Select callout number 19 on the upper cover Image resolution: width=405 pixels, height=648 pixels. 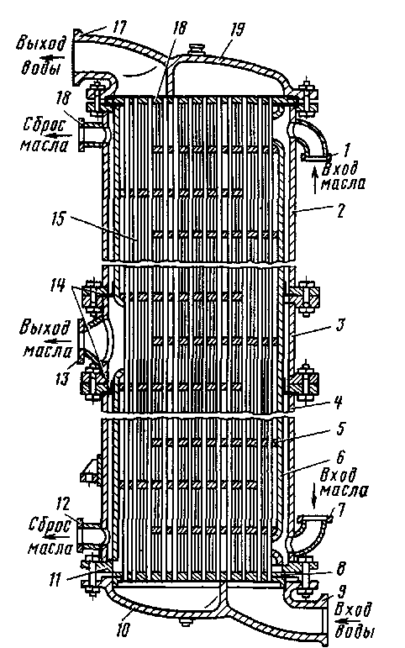pos(236,30)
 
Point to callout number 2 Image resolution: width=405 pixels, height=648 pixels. pos(341,213)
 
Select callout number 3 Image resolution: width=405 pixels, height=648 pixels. pos(339,324)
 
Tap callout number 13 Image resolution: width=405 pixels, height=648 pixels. pos(62,377)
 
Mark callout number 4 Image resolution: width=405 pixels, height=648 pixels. pos(338,402)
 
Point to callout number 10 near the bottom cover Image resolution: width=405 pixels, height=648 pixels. pos(124,630)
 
